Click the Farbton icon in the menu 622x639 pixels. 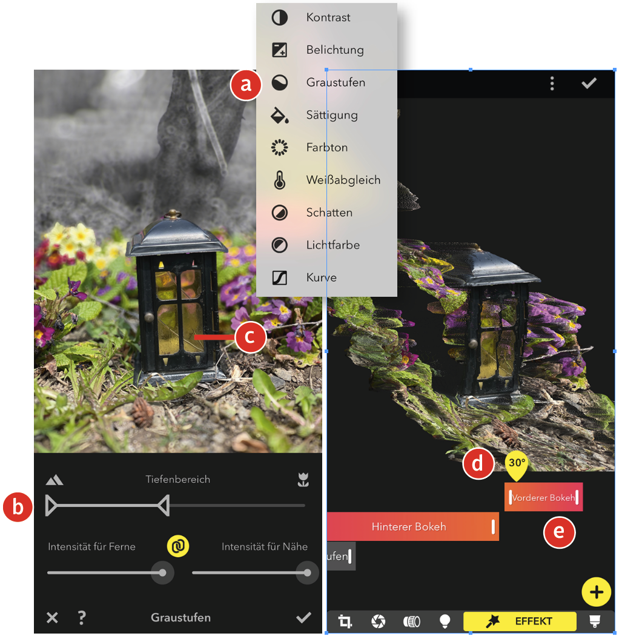click(x=280, y=148)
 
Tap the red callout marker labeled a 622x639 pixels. click(x=246, y=85)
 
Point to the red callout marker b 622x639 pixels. click(x=18, y=508)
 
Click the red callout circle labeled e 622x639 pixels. click(x=559, y=532)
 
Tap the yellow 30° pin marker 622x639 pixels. click(x=517, y=466)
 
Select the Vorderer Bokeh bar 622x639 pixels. click(x=543, y=497)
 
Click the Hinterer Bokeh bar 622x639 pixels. click(x=412, y=526)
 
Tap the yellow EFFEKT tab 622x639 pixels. click(x=520, y=621)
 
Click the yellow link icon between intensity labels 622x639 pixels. click(x=178, y=546)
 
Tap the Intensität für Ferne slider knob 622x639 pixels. click(x=163, y=573)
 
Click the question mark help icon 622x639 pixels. click(x=82, y=618)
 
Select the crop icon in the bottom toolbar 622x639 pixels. click(x=345, y=621)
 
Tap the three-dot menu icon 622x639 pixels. click(x=552, y=84)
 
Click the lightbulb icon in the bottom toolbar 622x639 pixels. click(x=445, y=621)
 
